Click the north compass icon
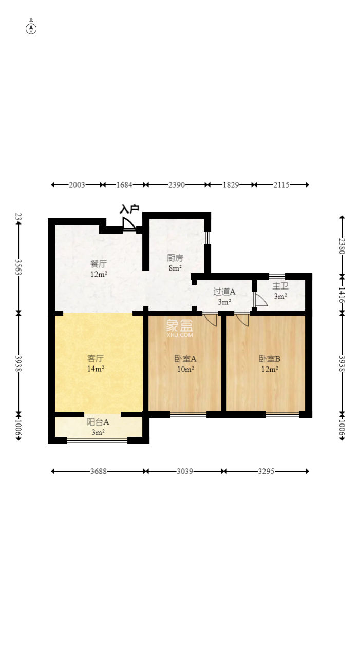click(31, 28)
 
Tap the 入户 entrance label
click(129, 209)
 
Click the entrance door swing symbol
click(128, 224)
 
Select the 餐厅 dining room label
click(99, 264)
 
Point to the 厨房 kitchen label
click(175, 258)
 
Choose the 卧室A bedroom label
click(185, 359)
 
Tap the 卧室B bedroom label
click(269, 359)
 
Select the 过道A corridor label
click(224, 292)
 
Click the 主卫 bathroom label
click(280, 286)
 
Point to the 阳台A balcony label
click(98, 422)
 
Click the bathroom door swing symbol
click(260, 300)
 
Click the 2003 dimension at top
click(77, 185)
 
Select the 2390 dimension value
click(176, 185)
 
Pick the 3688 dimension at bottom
click(99, 471)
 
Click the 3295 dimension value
click(267, 471)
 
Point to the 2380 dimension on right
click(342, 245)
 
